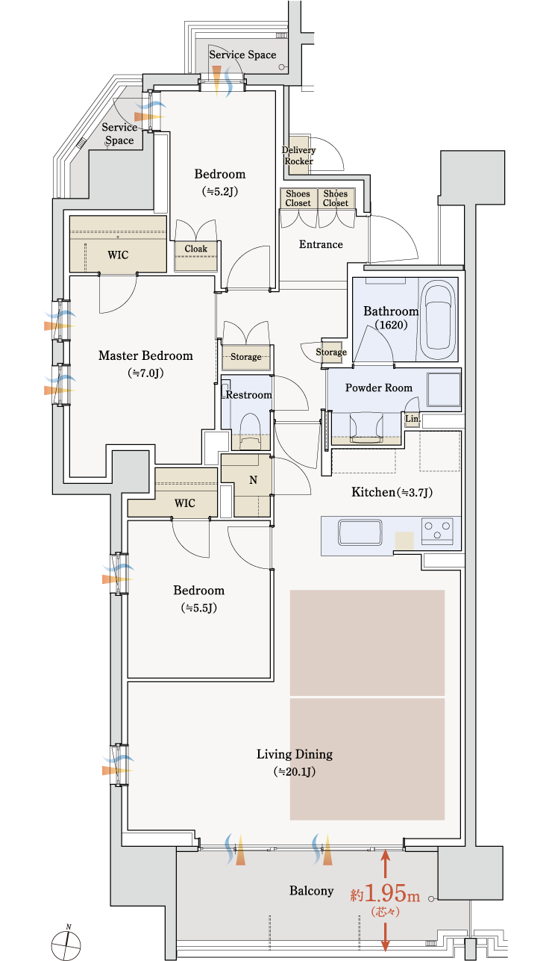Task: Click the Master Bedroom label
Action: point(145,355)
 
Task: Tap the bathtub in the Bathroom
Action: point(437,320)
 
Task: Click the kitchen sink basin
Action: point(360,532)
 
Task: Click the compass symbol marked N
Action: point(66,943)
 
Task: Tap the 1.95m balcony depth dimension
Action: point(386,895)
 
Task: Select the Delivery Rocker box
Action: point(298,155)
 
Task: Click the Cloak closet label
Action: point(196,249)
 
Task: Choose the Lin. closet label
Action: point(413,419)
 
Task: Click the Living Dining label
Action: point(295,754)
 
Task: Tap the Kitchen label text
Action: point(373,492)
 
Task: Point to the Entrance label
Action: point(321,244)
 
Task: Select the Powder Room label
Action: point(379,388)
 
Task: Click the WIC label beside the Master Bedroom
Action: point(118,255)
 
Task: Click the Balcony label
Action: point(312,891)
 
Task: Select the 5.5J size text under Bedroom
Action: point(199,608)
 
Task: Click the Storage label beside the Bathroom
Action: point(331,352)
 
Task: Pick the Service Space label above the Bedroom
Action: point(242,55)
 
